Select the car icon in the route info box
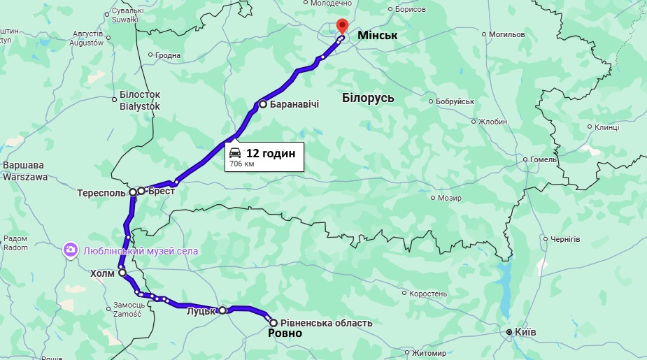tap(236, 153)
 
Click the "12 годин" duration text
tap(271, 154)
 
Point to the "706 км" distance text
tap(242, 164)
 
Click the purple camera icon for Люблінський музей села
tap(71, 250)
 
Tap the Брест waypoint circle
tap(141, 190)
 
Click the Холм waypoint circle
tap(122, 273)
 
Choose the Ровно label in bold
tap(285, 334)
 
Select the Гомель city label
tap(543, 159)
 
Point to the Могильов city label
tap(506, 34)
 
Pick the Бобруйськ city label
tap(455, 102)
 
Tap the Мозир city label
tap(450, 198)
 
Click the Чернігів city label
tap(565, 239)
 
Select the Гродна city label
tap(167, 56)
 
